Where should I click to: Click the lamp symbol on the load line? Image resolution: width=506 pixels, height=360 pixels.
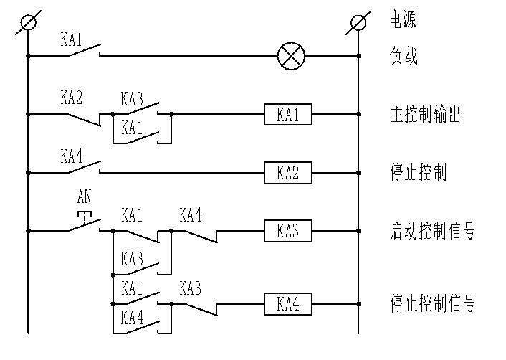[x=290, y=55]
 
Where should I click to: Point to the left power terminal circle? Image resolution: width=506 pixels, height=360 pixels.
[x=28, y=24]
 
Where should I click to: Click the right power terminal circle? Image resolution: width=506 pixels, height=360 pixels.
[x=357, y=24]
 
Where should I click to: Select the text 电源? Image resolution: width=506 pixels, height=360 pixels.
[x=402, y=19]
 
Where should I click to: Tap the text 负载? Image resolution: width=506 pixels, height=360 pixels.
[x=402, y=56]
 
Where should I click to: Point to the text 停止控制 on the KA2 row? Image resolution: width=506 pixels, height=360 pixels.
[x=419, y=173]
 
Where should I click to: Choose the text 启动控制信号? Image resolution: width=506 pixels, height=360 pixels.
[x=431, y=232]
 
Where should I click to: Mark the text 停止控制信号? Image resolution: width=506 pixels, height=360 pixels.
[x=431, y=303]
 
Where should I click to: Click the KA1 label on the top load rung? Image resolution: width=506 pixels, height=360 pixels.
[x=72, y=39]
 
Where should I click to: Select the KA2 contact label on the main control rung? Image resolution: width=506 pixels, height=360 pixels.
[x=72, y=98]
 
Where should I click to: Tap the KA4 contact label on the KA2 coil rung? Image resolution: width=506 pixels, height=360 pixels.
[x=72, y=156]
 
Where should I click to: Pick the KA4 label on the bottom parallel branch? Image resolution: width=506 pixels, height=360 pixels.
[x=133, y=316]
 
